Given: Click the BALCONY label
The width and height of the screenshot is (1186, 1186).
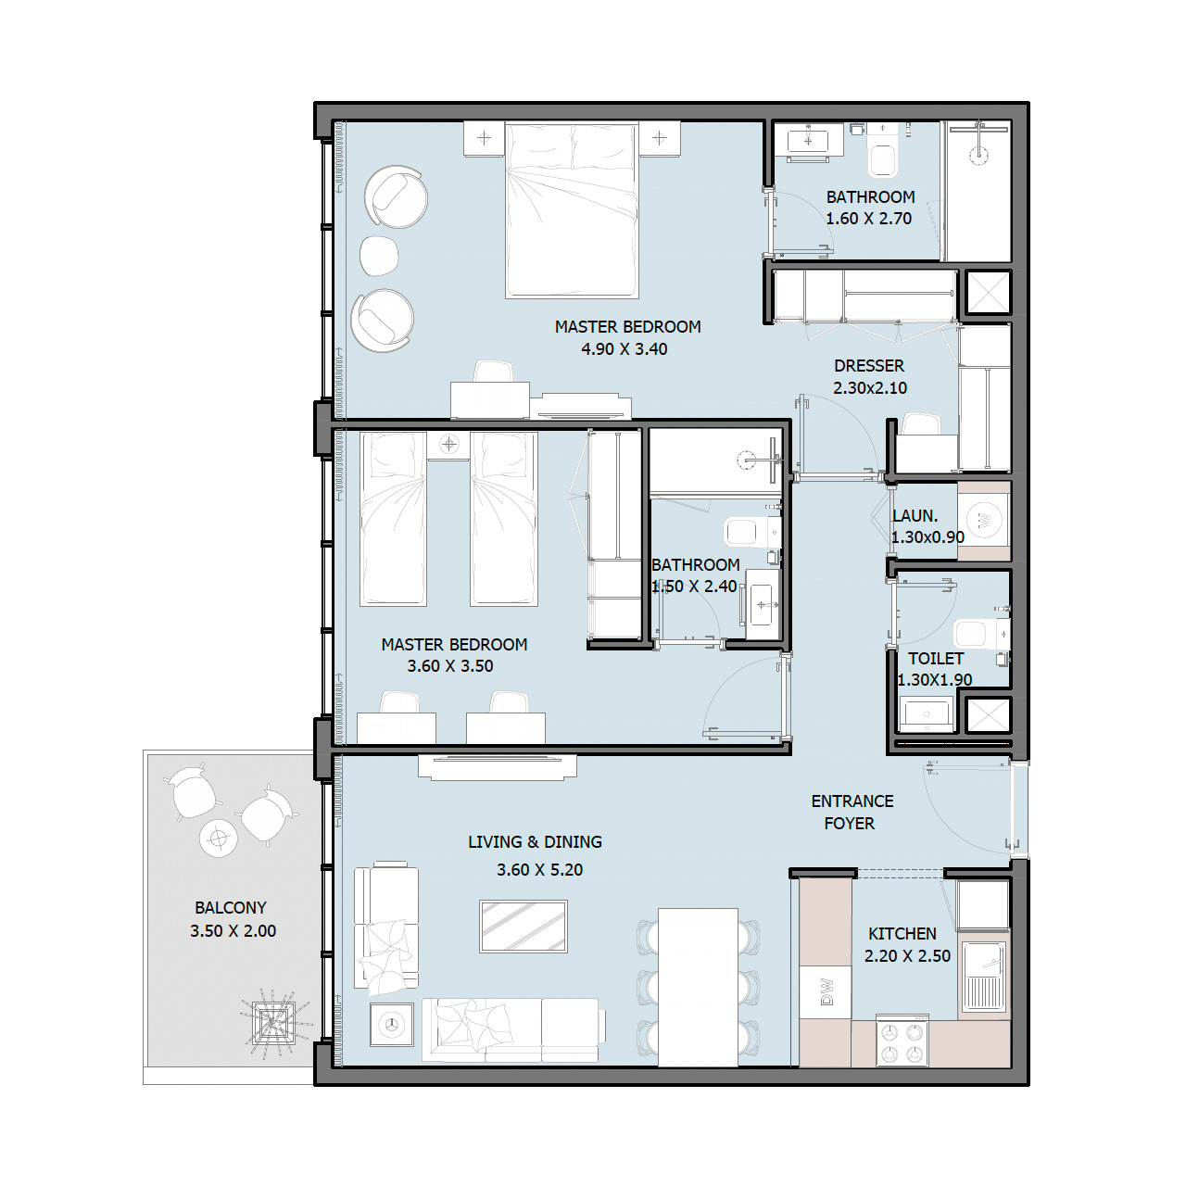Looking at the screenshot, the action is coord(230,908).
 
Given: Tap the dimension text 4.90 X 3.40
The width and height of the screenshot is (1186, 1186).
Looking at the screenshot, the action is coord(625,349).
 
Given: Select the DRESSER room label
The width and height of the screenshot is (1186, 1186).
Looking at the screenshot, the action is coord(869,366).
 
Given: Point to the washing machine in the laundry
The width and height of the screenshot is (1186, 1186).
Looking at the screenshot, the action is coord(984,521).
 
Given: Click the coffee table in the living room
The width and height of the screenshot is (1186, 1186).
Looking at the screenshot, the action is coord(524,927).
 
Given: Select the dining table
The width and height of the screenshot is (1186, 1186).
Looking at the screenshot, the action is coord(698,987).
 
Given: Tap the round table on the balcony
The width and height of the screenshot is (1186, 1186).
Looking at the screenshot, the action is coord(219,839).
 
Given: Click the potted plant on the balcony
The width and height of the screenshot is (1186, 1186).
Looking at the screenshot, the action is coord(273,1022).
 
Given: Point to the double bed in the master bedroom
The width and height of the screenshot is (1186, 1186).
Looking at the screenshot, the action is coord(572,210).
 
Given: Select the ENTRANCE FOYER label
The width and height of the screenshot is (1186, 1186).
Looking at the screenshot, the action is coord(852,813).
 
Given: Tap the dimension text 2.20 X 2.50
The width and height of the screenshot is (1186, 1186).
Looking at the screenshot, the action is coord(907,956).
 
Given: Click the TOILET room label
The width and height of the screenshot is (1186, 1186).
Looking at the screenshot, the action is coord(936,659).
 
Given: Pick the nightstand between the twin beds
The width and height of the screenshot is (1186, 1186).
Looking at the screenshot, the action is coord(449,445).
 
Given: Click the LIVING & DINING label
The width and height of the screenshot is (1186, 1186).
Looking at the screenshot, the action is coord(535,842).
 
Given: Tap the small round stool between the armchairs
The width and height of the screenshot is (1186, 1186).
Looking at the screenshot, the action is coord(379,256).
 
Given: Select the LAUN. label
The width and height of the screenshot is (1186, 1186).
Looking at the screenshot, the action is coord(915,516).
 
